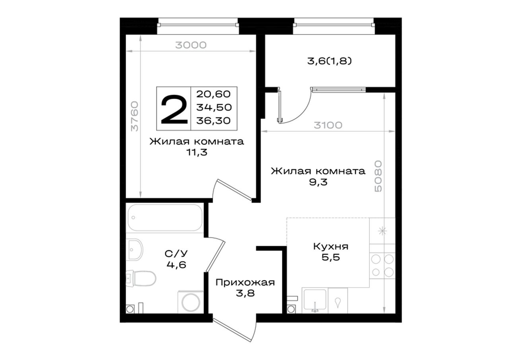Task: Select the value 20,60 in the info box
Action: [214, 94]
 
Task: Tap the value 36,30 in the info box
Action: [214, 121]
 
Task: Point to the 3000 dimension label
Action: [191, 45]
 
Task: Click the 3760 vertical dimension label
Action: [134, 117]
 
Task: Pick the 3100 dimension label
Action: [328, 125]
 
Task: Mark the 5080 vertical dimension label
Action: [378, 176]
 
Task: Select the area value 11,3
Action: [197, 152]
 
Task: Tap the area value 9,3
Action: [318, 182]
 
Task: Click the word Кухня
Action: [331, 247]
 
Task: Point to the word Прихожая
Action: [245, 283]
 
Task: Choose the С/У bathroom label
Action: [176, 253]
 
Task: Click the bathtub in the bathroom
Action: [165, 218]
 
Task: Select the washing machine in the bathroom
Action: [190, 302]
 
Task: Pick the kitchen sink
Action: [315, 300]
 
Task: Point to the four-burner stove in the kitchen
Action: [382, 265]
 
